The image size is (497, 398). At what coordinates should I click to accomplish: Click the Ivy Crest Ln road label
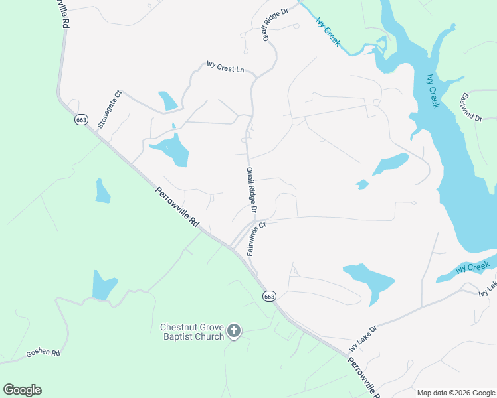click(225, 68)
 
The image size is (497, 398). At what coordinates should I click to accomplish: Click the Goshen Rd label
click(43, 352)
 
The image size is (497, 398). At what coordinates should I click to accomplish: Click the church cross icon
click(233, 330)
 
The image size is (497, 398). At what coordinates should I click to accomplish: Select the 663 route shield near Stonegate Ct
click(81, 120)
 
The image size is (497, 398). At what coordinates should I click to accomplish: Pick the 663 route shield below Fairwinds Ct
click(268, 296)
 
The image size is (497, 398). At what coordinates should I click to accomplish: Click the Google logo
click(22, 390)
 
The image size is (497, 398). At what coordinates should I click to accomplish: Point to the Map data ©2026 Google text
click(455, 393)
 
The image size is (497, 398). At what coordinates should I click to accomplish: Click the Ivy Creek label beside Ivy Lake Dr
click(472, 267)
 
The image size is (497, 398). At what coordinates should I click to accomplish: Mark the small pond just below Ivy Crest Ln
click(167, 100)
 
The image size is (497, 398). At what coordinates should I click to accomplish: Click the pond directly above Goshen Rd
click(104, 285)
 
